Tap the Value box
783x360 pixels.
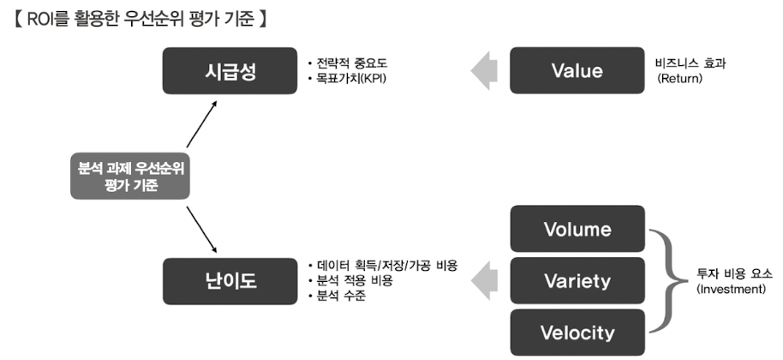(x=577, y=70)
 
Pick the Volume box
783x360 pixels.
(x=577, y=229)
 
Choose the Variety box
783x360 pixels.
(x=577, y=280)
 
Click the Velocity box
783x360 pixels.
(x=577, y=332)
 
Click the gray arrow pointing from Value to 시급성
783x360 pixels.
(x=486, y=70)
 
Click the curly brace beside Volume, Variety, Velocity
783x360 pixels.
(x=666, y=280)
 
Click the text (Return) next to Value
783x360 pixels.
(x=679, y=78)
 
